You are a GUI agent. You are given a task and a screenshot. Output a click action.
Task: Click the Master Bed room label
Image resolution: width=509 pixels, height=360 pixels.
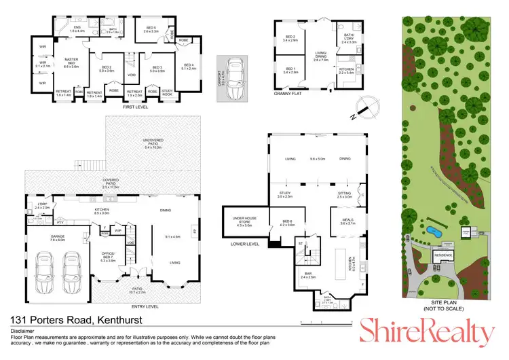coord(72,62)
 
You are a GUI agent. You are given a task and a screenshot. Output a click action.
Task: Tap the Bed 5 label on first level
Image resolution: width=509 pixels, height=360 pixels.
coord(150,29)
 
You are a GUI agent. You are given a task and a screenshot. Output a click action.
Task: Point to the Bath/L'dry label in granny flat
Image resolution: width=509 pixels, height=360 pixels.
coord(349,37)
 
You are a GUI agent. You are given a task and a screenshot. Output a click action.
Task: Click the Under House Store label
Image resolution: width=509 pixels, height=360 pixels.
coord(243,221)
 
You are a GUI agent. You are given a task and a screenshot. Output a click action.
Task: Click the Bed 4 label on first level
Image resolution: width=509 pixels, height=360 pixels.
coord(188,67)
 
